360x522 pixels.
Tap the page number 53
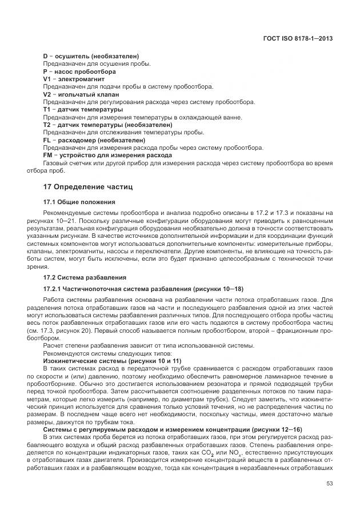click(x=329, y=499)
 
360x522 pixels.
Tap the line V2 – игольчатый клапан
click(x=81, y=94)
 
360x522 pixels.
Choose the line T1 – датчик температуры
click(x=83, y=109)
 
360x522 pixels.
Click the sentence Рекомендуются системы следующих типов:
click(x=95, y=354)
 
